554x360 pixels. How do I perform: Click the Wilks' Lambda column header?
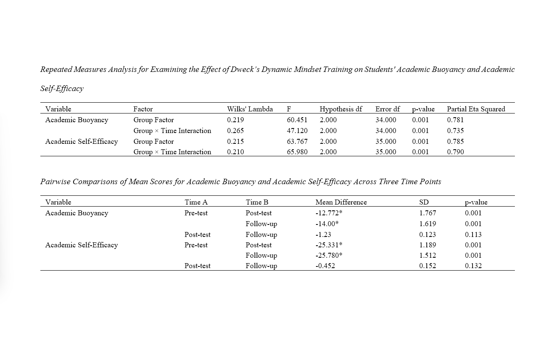[x=250, y=109]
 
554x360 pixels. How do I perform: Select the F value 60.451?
[x=297, y=120]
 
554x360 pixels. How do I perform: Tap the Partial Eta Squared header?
[x=476, y=109]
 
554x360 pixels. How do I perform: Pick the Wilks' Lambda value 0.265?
[x=235, y=131]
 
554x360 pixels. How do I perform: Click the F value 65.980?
[x=297, y=152]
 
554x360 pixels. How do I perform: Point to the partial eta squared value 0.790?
[x=455, y=152]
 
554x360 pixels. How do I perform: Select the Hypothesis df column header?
[x=341, y=109]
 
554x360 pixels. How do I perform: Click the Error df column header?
[x=387, y=109]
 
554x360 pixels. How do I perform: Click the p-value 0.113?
[x=473, y=234]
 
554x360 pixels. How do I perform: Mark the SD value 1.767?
[x=428, y=213]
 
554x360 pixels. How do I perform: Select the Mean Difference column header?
[x=341, y=202]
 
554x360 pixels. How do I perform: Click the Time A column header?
[x=196, y=202]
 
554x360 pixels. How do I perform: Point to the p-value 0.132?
[x=473, y=266]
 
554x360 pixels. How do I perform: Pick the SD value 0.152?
[x=428, y=266]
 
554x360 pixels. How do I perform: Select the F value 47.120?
[x=297, y=131]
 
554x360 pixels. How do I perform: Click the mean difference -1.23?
[x=323, y=234]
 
